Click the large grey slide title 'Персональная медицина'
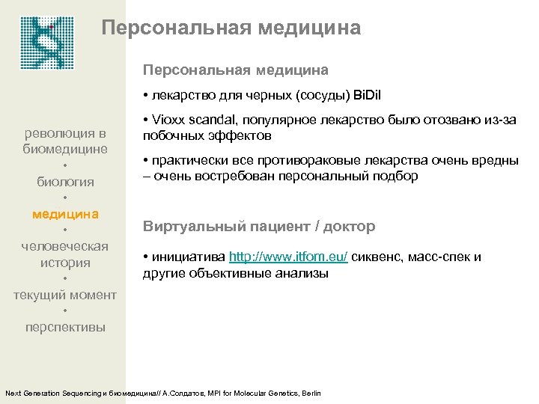[231, 28]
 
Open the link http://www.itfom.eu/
[288, 257]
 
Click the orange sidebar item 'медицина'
[65, 214]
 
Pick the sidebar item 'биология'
[65, 181]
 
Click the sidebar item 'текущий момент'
[65, 295]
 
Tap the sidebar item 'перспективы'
[65, 328]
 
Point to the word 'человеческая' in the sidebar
[65, 246]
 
